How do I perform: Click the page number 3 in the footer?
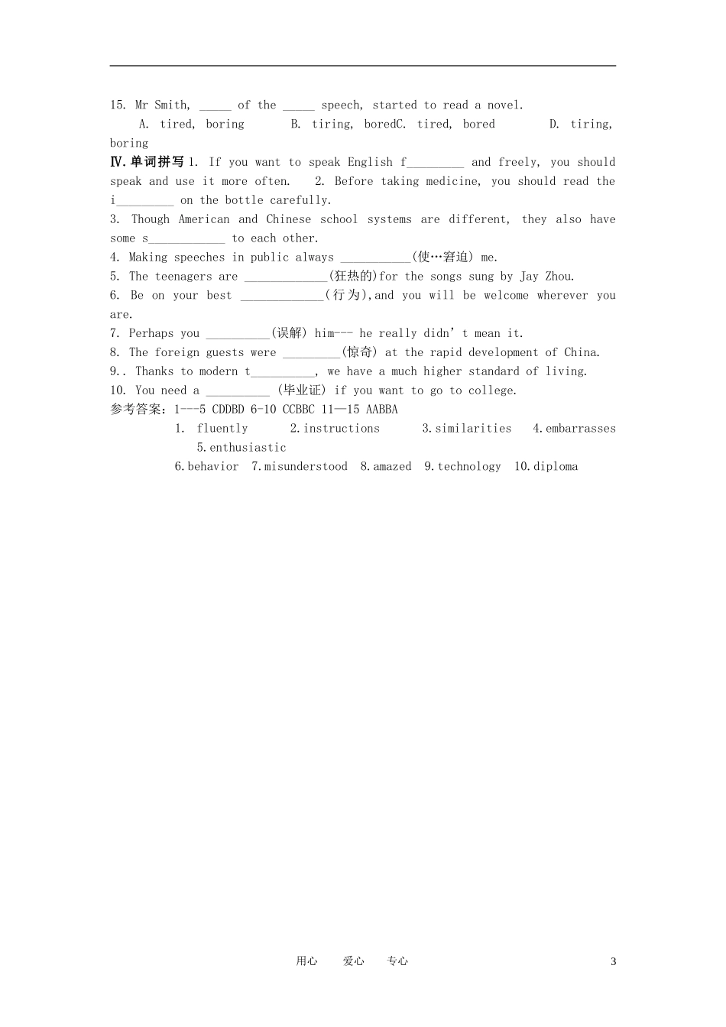[613, 961]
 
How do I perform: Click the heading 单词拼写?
[157, 162]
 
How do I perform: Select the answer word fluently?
[222, 429]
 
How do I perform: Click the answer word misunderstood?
[306, 467]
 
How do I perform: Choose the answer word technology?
[469, 467]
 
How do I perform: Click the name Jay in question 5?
[529, 277]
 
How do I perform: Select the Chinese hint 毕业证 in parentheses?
[301, 390]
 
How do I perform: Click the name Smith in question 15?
[172, 105]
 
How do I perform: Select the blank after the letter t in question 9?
[283, 372]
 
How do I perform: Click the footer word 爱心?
[354, 961]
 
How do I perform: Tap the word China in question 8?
[581, 353]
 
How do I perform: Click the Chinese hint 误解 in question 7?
[289, 334]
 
